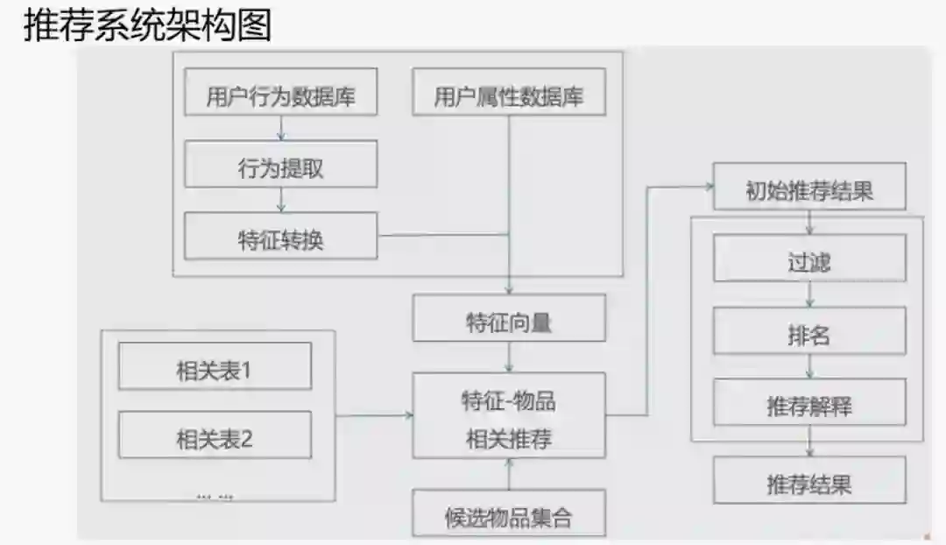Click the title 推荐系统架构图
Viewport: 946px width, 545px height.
147,26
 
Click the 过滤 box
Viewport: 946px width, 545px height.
808,261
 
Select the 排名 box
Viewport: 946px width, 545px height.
808,335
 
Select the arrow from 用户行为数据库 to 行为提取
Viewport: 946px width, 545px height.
280,128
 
